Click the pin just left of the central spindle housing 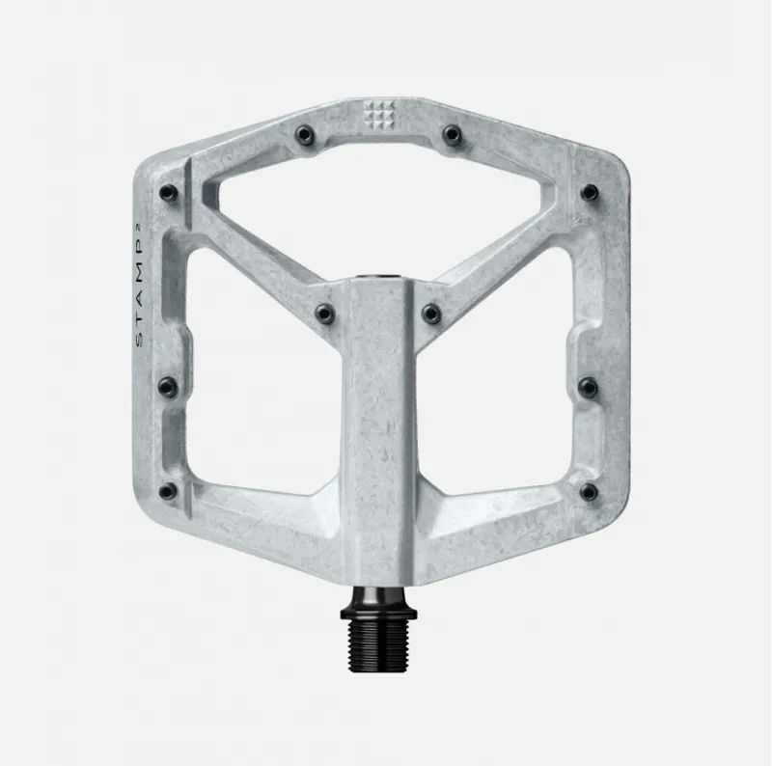tap(326, 313)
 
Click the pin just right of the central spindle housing tap(430, 313)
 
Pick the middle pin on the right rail tap(588, 387)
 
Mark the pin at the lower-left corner tap(169, 491)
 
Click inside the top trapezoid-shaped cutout tap(378, 207)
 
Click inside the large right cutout tap(502, 386)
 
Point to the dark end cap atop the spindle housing tap(378, 278)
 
